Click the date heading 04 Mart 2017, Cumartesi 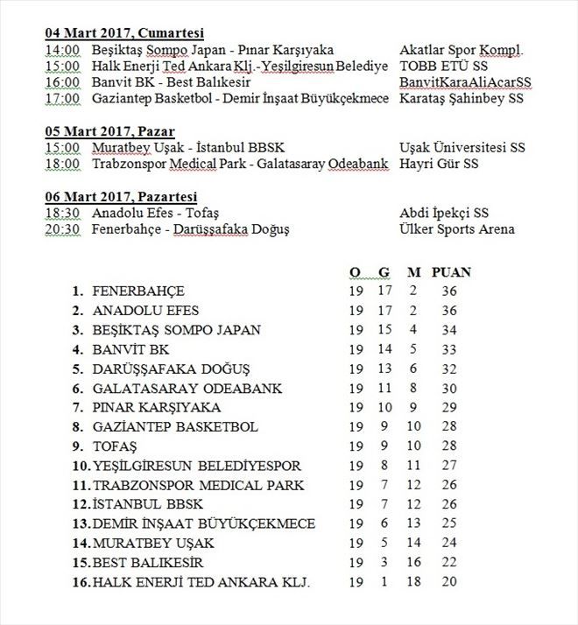(124, 32)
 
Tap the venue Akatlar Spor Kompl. (461, 50)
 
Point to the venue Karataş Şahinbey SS (461, 99)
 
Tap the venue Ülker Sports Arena (456, 229)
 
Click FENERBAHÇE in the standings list (138, 291)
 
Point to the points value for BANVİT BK (451, 350)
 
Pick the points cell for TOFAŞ (451, 446)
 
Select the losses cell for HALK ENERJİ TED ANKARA (412, 582)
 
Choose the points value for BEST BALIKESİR (451, 563)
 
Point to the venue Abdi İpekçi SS (444, 213)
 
